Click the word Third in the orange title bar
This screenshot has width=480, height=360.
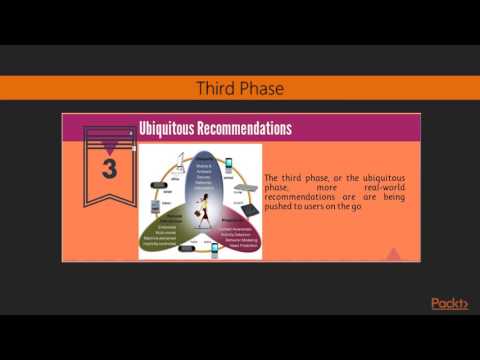[x=218, y=89]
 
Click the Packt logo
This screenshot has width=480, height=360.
[x=449, y=303]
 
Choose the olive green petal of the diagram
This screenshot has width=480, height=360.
[x=171, y=226]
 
